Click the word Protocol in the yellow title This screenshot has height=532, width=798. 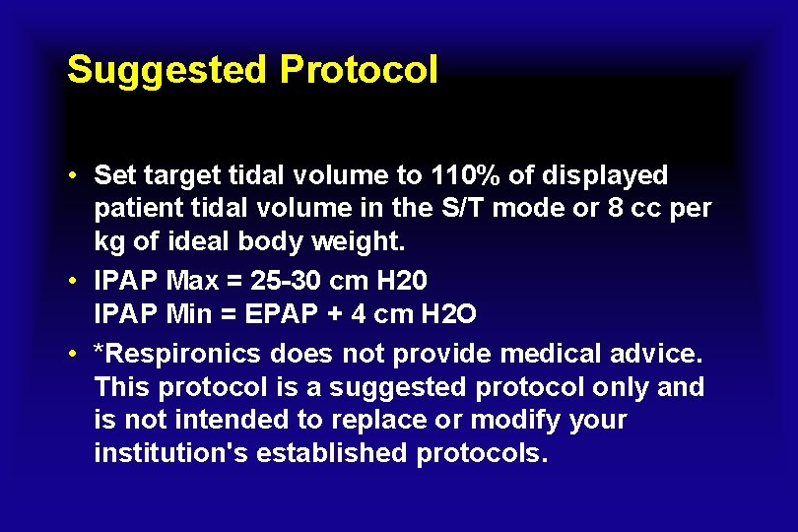[359, 71]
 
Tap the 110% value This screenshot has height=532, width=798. [463, 176]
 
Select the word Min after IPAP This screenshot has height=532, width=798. [190, 315]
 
